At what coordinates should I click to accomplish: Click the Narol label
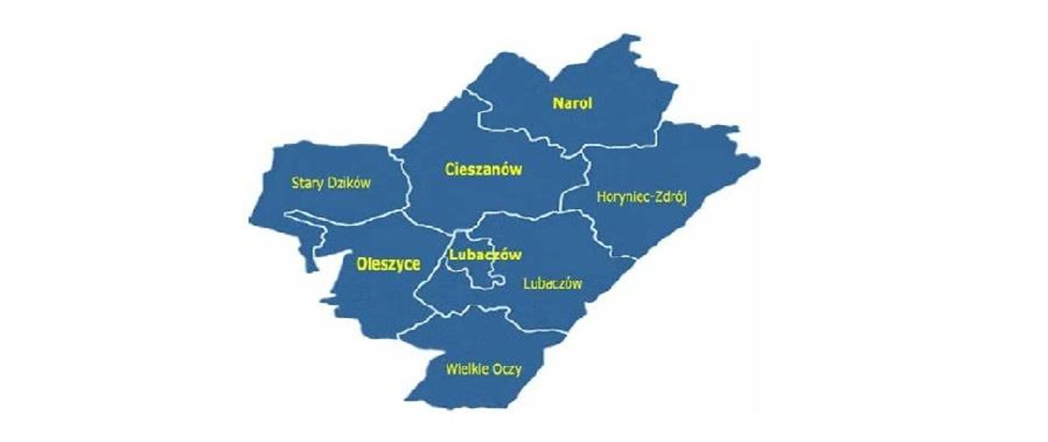(572, 103)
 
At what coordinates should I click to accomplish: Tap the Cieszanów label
(483, 169)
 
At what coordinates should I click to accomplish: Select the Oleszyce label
(388, 264)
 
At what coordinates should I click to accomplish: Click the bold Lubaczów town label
(485, 255)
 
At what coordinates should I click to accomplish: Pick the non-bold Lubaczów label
(552, 284)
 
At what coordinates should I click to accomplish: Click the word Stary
(307, 183)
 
